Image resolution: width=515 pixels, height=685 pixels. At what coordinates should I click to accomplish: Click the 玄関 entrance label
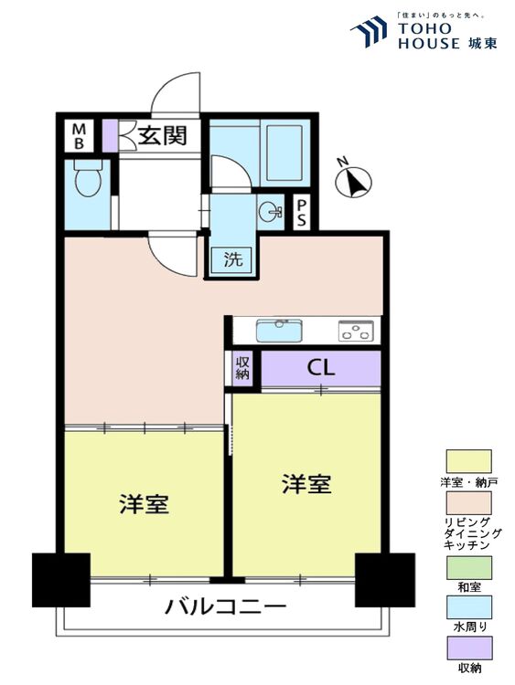pos(163,135)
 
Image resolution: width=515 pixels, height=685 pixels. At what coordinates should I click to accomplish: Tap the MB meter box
pos(80,136)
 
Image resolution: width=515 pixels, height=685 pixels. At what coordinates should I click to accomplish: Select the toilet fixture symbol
pos(87,180)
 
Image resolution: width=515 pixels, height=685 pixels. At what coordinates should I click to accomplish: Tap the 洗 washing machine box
pos(234,258)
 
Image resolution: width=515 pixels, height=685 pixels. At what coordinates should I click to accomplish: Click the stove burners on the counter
pos(357,330)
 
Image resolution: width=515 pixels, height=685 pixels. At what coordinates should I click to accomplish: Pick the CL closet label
pos(320,369)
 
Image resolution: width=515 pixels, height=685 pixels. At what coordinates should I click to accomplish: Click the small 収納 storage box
pos(242,368)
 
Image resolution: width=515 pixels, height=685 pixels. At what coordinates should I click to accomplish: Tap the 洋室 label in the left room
pos(144,504)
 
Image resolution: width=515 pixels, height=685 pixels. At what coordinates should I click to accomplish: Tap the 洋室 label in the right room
pos(306,485)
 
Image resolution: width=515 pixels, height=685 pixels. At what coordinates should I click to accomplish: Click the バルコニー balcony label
pos(226,606)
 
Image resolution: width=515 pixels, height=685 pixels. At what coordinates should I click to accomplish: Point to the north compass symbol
pos(354,181)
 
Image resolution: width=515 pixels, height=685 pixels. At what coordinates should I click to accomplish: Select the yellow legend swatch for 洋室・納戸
pos(468,460)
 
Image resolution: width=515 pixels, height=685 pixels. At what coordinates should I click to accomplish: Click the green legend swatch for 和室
pos(468,566)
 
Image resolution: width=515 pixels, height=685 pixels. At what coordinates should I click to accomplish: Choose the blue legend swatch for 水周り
pos(468,607)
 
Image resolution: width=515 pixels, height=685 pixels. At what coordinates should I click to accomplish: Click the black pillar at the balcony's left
pos(61,579)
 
